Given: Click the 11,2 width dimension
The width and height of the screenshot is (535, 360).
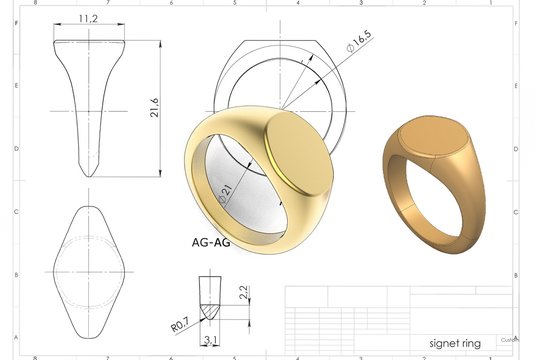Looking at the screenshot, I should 90,18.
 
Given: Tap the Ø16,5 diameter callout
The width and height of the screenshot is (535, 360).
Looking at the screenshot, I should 358,41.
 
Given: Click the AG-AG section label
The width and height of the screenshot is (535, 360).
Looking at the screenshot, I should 211,242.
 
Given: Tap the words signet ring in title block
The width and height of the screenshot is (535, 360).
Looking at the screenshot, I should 454,343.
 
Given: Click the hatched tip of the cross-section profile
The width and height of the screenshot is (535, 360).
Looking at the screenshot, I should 211,313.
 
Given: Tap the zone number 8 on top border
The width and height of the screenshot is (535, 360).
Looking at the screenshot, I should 36,3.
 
